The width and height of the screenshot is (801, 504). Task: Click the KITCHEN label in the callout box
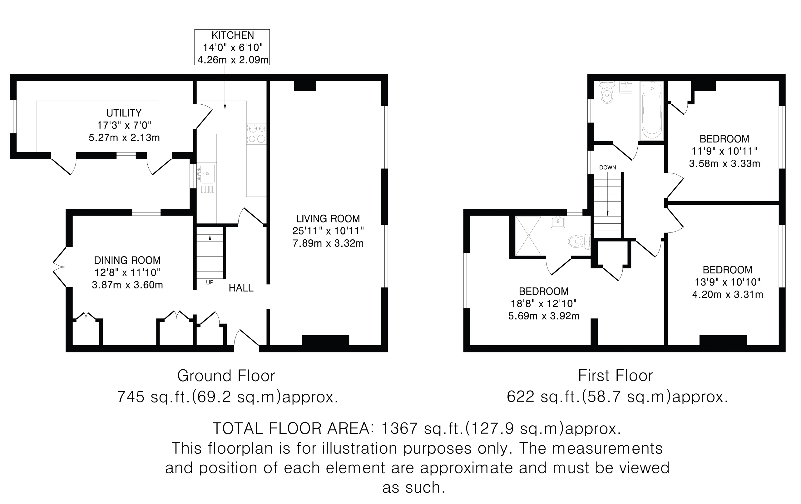pos(233,35)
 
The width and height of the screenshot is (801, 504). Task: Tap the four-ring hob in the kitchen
pos(256,133)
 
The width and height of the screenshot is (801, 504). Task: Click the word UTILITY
pos(124,113)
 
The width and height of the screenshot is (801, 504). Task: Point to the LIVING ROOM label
pos(328,219)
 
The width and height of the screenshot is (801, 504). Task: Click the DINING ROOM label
pos(127,260)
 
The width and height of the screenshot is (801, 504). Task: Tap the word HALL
pos(241,288)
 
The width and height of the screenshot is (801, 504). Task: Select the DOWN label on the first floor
pos(607,168)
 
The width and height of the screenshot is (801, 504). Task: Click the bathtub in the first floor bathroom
pos(652,111)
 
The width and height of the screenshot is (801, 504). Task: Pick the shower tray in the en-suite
pos(528,236)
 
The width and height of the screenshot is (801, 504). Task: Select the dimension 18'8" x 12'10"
pos(544,304)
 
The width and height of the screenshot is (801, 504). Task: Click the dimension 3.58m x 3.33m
pos(724,164)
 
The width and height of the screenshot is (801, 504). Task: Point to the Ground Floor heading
pos(226,376)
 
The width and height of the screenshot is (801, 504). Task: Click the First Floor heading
pos(616,376)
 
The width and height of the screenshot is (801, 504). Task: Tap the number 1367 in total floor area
pos(399,428)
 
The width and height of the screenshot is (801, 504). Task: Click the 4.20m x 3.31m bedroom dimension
pos(728,295)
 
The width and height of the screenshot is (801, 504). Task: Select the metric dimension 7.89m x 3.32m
pos(328,243)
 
